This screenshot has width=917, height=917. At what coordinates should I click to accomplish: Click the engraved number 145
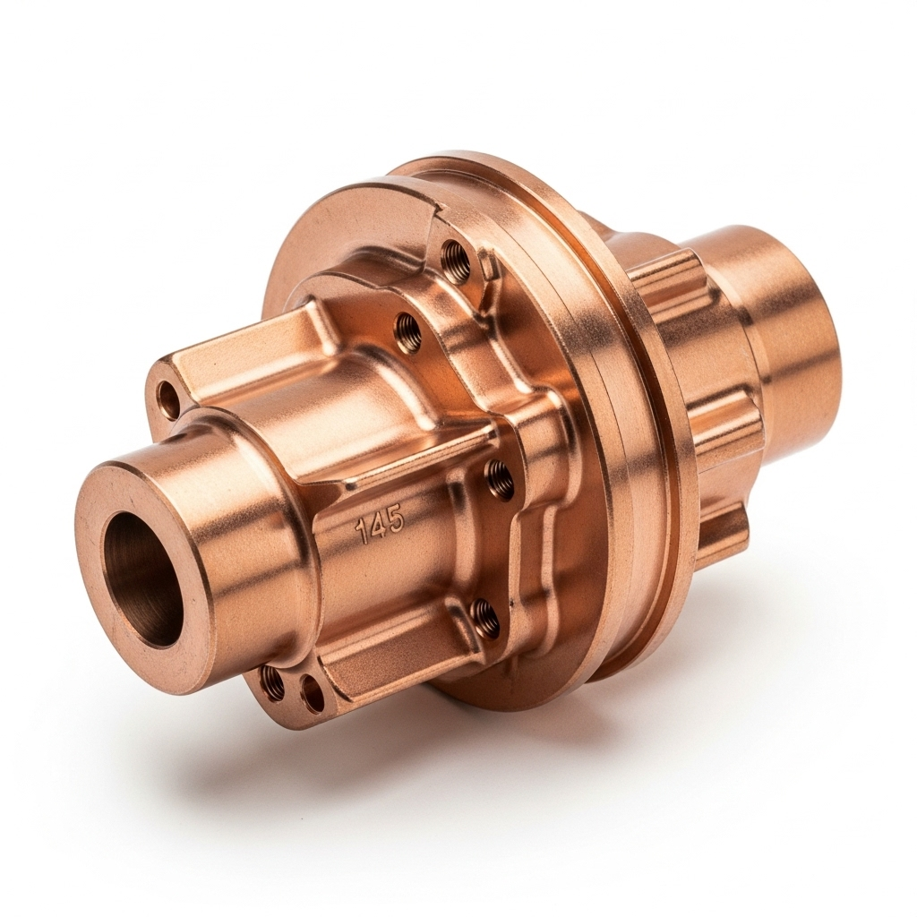(x=380, y=522)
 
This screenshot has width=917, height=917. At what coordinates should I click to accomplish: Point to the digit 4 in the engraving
(x=378, y=523)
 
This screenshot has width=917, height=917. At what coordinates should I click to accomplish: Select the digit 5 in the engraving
(x=395, y=518)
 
